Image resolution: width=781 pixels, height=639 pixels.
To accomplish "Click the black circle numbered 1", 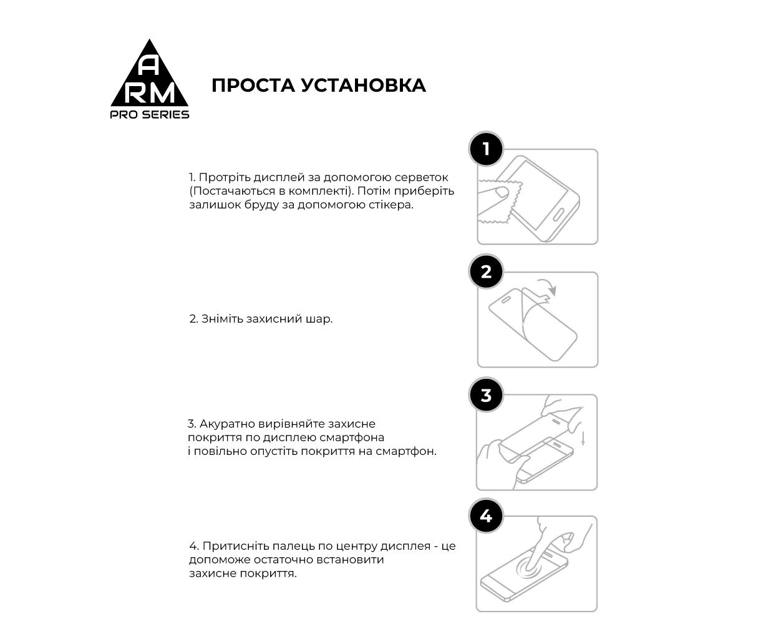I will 486,149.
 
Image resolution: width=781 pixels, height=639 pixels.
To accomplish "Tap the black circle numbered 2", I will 486,272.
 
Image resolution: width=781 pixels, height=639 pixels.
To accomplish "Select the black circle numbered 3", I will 486,395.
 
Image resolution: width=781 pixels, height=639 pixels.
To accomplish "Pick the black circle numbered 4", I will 486,517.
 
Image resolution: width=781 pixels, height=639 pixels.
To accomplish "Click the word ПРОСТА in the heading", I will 252,85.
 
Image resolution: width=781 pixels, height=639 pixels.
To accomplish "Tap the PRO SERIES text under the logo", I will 150,115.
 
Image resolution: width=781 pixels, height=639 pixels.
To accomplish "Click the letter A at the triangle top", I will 149,65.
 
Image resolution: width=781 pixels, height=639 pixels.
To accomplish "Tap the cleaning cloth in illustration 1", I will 496,201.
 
